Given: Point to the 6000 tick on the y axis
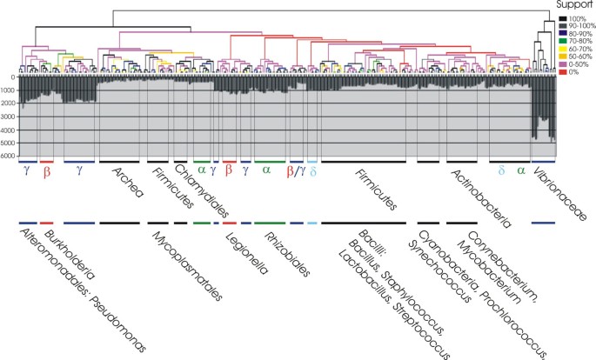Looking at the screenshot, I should (9, 157).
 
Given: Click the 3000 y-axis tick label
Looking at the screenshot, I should (9, 117).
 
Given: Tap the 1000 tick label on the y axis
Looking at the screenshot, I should (9, 90).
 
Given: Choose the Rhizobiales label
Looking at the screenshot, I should (288, 251).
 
